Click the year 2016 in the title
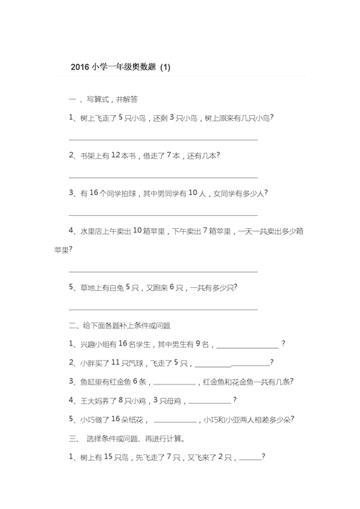click(x=81, y=68)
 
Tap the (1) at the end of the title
click(x=166, y=68)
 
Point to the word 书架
click(x=88, y=155)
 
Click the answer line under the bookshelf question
click(x=163, y=176)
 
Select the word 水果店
click(x=93, y=231)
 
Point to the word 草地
click(x=88, y=287)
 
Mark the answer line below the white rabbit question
click(x=163, y=309)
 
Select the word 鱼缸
click(x=88, y=382)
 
